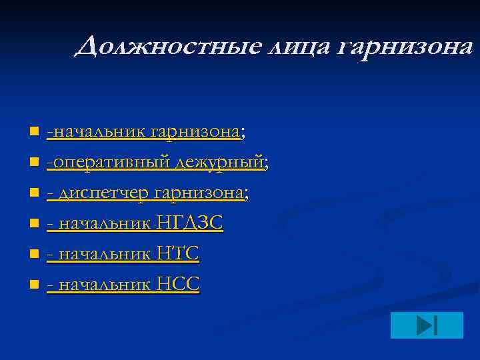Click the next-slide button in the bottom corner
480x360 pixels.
coord(426,325)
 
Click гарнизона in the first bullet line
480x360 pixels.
coord(196,132)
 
